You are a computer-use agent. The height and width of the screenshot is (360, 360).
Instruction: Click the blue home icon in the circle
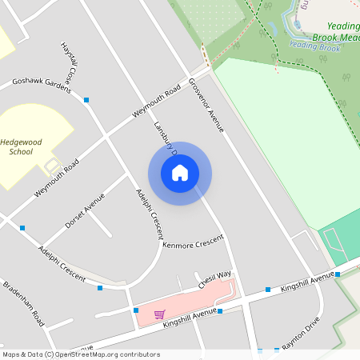(x=180, y=173)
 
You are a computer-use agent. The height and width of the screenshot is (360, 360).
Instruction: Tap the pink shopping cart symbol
(x=159, y=314)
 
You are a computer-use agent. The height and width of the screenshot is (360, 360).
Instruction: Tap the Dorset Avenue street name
(x=85, y=210)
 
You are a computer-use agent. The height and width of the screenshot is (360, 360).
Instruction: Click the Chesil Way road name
(x=215, y=280)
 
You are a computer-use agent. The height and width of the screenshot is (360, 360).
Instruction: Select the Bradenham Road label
(x=23, y=298)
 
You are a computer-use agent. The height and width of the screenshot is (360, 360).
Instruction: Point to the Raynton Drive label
(x=301, y=331)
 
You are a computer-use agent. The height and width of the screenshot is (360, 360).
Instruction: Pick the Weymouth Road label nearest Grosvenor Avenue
(x=156, y=102)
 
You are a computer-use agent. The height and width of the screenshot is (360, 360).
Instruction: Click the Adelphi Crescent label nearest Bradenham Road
(x=62, y=263)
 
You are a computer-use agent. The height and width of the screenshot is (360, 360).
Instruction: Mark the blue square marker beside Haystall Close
(x=86, y=99)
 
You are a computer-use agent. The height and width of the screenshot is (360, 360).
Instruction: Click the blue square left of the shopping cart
(x=136, y=310)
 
